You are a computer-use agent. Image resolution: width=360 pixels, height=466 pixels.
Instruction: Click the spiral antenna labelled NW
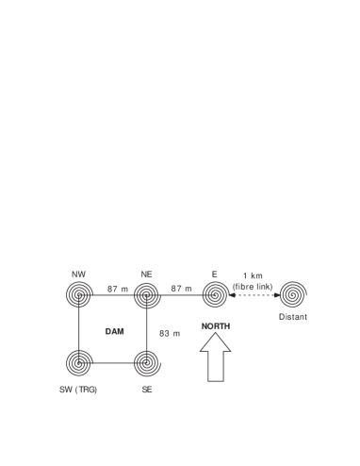[79, 296]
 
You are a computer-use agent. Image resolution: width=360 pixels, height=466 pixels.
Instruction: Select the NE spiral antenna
[146, 296]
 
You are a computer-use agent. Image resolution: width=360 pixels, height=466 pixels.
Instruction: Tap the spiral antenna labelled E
[216, 296]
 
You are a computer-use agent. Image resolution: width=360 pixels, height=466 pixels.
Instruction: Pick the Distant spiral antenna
[291, 295]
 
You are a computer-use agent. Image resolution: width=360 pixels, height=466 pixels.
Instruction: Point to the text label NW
[79, 274]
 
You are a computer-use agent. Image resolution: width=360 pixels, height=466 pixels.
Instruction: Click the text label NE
[146, 274]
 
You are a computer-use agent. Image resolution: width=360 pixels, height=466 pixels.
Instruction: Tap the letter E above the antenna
[215, 274]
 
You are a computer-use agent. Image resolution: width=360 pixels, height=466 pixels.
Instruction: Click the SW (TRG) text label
[79, 388]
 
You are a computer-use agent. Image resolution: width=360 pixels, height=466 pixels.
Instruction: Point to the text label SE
[146, 388]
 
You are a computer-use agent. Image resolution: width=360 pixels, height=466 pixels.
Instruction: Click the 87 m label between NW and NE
[115, 287]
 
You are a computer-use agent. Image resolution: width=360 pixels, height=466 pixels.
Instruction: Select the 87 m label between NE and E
[182, 287]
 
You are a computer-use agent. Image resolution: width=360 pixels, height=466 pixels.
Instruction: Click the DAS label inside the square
[114, 331]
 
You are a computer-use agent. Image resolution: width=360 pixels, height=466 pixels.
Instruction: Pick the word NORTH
[216, 325]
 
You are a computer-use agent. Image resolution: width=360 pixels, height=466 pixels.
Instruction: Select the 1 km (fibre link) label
[253, 281]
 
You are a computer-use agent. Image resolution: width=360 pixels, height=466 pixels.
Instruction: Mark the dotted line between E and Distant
[253, 296]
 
